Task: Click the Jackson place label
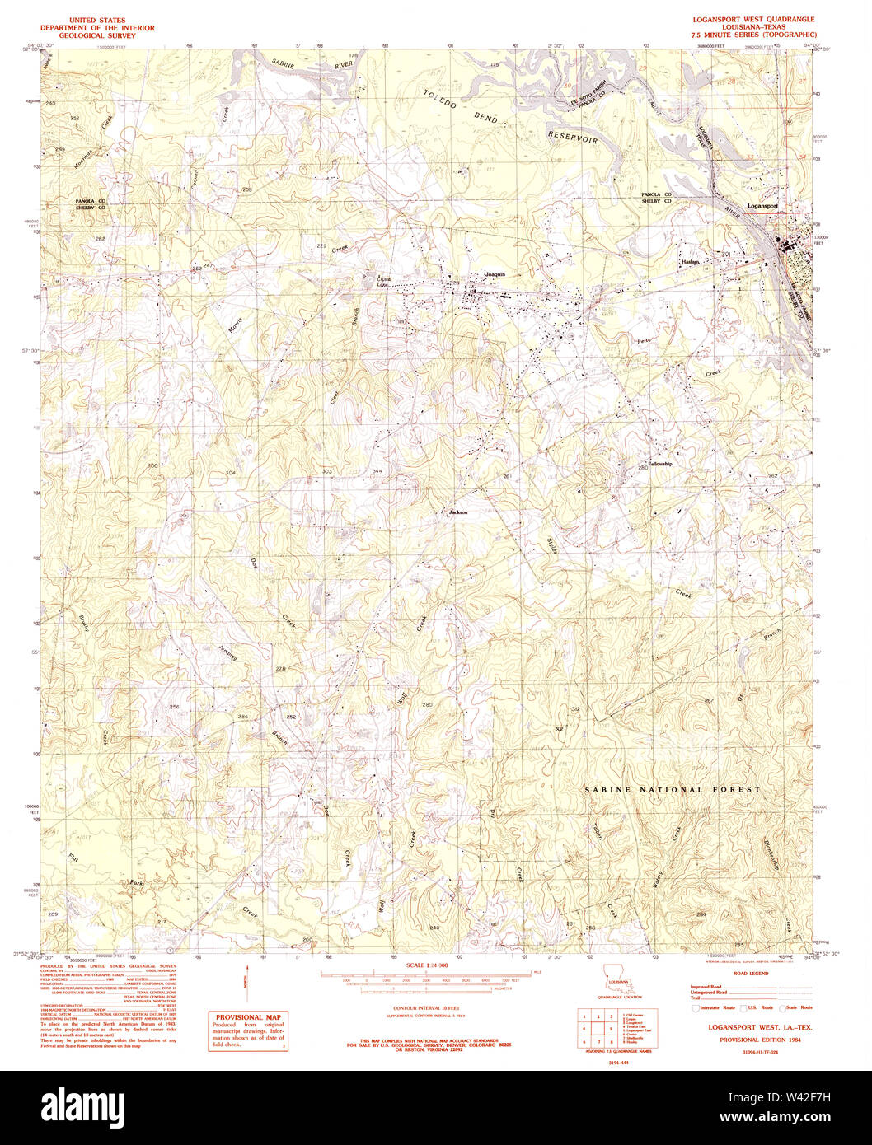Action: point(458,512)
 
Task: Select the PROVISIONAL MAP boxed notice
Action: point(246,1032)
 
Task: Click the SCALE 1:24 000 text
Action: point(426,965)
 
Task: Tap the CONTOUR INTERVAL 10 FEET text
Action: point(426,1008)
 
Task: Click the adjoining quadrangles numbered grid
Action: point(598,1029)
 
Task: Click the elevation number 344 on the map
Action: point(377,470)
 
